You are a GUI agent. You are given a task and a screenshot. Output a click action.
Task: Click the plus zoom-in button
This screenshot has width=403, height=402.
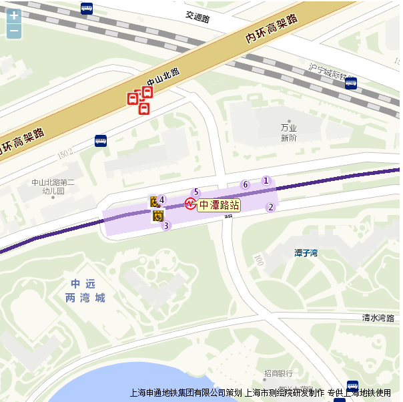point(14,15)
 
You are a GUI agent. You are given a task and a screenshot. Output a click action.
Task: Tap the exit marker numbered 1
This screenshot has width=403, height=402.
point(266,180)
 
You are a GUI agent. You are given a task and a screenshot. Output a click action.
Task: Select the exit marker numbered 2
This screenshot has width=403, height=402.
point(271,207)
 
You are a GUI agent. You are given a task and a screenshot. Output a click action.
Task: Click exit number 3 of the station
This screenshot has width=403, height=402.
point(166,226)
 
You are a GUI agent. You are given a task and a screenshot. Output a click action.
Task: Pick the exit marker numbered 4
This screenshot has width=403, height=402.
point(161,199)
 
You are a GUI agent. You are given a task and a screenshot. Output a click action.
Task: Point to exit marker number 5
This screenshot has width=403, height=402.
point(196,192)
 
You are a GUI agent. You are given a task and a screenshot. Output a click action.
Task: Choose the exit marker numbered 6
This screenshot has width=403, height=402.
point(245,185)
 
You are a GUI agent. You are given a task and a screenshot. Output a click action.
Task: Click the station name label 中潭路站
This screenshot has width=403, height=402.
point(219,205)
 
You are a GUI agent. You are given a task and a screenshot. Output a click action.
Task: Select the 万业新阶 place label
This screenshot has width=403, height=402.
point(288,133)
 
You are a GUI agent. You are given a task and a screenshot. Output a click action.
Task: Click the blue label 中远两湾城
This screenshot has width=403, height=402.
point(85,290)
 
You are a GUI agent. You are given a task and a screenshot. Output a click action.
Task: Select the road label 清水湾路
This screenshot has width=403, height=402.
point(378,318)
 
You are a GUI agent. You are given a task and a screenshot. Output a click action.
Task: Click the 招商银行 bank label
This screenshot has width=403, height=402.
point(278,373)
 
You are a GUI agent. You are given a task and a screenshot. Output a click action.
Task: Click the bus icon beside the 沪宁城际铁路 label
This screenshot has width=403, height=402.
point(351,83)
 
